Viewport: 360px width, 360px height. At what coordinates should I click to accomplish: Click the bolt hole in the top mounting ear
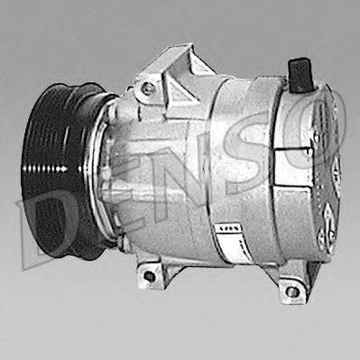click(x=146, y=88)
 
